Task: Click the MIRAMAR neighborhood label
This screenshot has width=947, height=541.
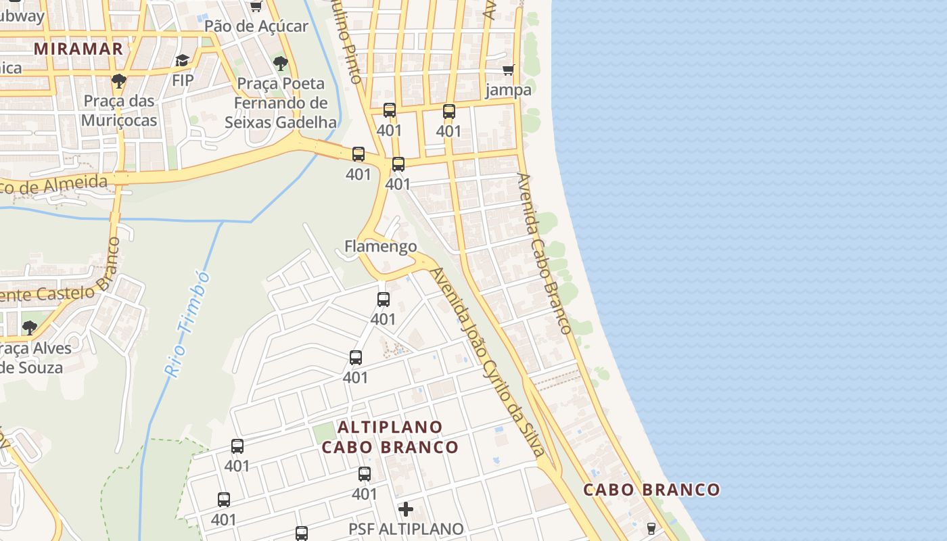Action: [78, 49]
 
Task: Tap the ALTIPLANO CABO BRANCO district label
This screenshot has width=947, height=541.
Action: [390, 438]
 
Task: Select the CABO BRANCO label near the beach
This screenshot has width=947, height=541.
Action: [651, 490]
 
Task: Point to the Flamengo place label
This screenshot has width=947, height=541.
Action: [381, 246]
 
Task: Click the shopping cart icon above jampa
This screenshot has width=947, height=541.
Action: [508, 70]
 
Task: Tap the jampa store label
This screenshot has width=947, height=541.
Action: [508, 90]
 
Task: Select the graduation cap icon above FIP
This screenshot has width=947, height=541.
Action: [182, 61]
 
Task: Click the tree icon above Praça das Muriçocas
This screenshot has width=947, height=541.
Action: [119, 82]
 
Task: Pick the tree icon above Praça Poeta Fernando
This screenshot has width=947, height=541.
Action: [281, 64]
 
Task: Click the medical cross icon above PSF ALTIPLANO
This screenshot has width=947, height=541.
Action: [406, 509]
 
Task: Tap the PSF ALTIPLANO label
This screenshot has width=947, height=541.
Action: [406, 529]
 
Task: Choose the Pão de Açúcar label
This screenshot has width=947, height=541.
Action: [256, 26]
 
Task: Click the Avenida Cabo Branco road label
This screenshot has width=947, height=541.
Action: [544, 253]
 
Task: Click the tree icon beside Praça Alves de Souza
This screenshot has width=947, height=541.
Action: [29, 328]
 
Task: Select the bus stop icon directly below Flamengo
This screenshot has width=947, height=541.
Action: [384, 299]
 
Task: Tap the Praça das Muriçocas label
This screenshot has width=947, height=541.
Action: [119, 111]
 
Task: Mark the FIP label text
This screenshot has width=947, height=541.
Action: [183, 80]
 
